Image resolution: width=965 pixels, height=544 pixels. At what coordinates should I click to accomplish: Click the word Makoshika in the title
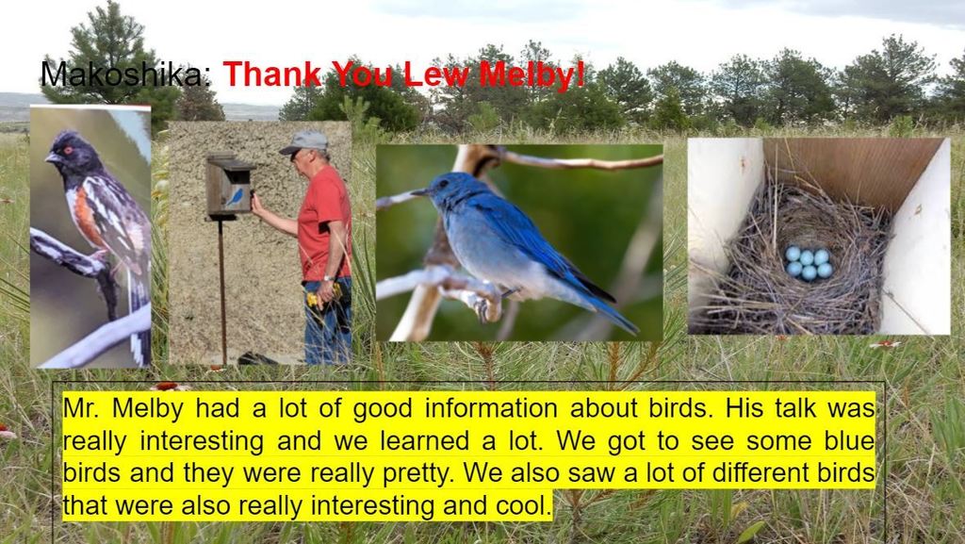pyautogui.click(x=122, y=74)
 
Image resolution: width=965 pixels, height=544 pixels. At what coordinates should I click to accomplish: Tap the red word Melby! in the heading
pyautogui.click(x=532, y=74)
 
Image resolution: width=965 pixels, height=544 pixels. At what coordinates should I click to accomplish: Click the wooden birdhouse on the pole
pyautogui.click(x=230, y=186)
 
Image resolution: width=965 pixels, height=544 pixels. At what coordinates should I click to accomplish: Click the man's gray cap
pyautogui.click(x=304, y=142)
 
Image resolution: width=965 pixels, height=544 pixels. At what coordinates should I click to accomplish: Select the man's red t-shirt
pyautogui.click(x=324, y=223)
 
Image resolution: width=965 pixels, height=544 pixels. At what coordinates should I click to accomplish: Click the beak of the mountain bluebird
pyautogui.click(x=421, y=192)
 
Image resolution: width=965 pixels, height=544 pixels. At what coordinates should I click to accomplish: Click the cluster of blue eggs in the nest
pyautogui.click(x=808, y=263)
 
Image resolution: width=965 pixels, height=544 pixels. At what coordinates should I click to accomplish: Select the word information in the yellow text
pyautogui.click(x=491, y=408)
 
